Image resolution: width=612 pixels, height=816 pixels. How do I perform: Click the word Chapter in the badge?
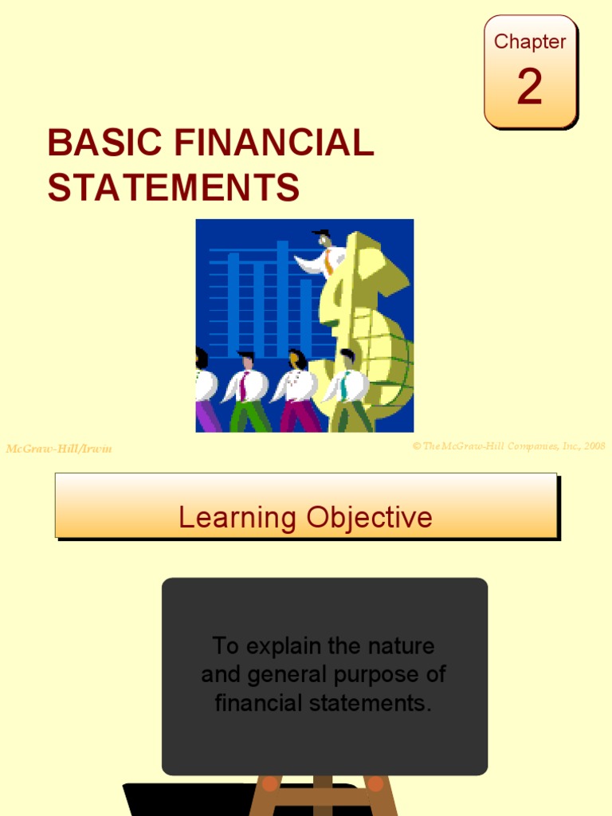point(530,41)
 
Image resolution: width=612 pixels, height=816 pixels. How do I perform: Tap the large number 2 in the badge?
point(530,87)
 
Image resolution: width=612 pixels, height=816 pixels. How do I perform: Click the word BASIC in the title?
point(104,144)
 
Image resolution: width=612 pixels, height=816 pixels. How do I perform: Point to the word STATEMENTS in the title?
point(173,188)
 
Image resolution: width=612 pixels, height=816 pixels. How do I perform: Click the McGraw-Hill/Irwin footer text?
point(59,449)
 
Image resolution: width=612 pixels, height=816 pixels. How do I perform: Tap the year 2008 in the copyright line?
point(594,446)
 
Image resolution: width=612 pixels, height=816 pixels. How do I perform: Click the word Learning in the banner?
point(237,518)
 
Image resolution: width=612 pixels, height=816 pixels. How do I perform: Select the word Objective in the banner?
point(368,518)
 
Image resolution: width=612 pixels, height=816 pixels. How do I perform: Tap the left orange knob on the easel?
point(270,783)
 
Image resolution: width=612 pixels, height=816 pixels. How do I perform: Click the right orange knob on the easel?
point(375,783)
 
